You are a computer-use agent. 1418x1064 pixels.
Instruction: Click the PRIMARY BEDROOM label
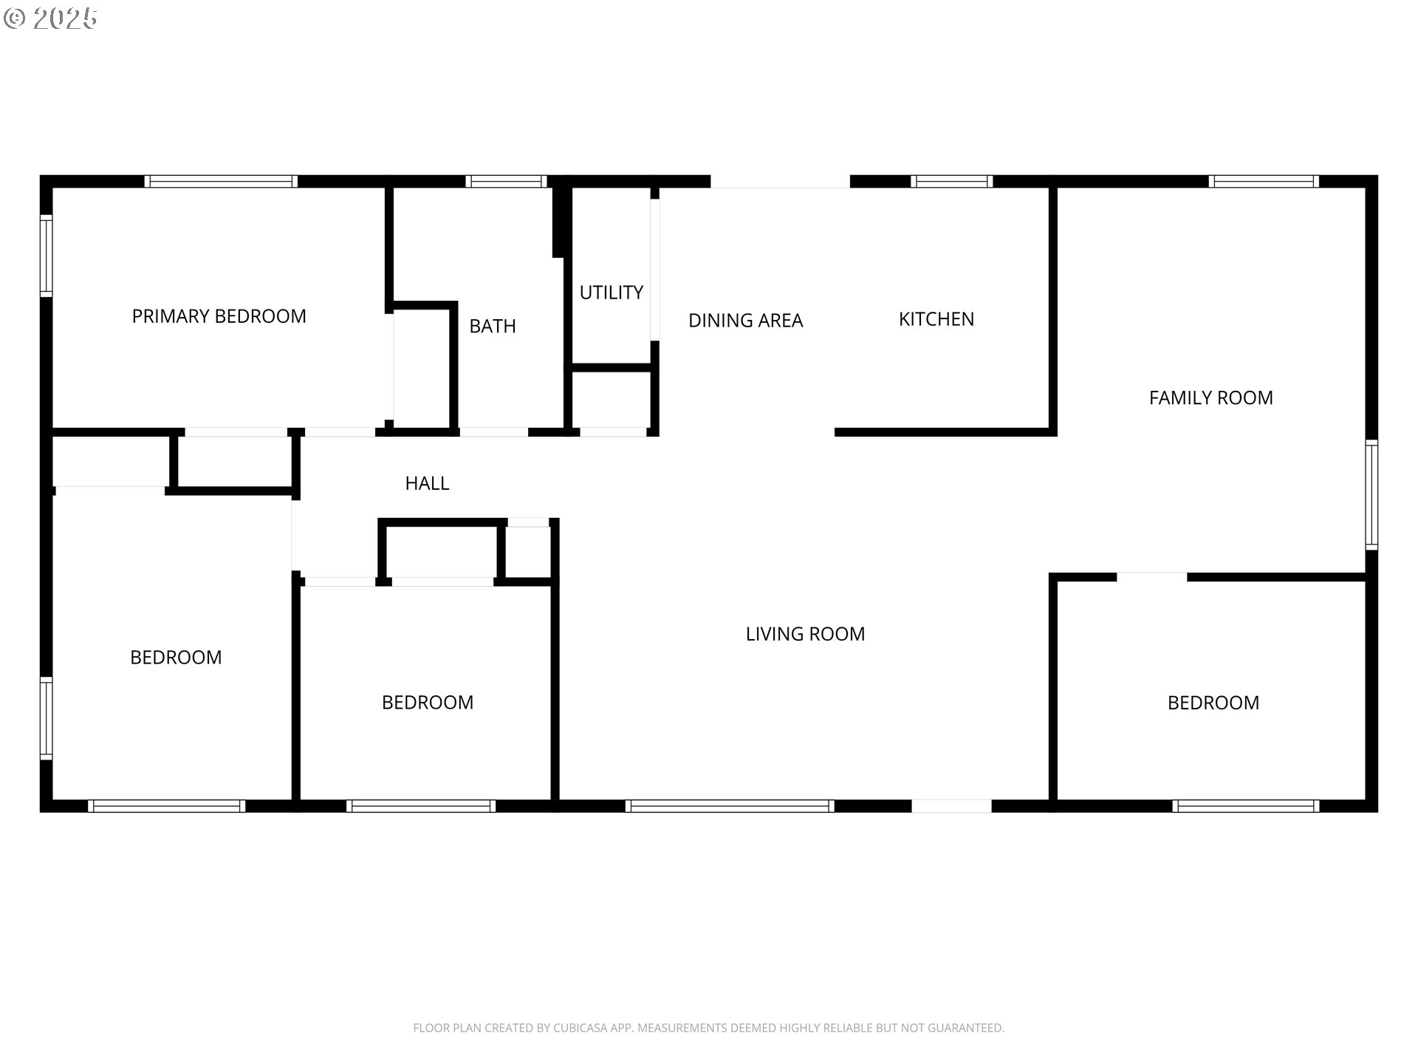(219, 316)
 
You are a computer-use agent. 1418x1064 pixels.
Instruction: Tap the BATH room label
(493, 326)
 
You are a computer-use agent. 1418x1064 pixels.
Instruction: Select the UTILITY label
(611, 293)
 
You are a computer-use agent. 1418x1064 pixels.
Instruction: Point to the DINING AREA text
(745, 321)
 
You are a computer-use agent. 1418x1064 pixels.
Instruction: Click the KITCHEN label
(936, 319)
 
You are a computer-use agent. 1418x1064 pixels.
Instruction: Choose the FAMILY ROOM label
(1210, 398)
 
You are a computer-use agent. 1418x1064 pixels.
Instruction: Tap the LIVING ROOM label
(805, 634)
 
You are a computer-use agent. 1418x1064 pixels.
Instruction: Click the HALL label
(427, 483)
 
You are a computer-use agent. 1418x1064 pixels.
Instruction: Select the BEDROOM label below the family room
(1213, 703)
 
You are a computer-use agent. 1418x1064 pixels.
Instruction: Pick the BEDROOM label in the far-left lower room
(176, 658)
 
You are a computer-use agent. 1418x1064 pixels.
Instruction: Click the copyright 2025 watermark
(50, 18)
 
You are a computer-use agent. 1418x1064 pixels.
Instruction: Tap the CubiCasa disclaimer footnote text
(708, 1028)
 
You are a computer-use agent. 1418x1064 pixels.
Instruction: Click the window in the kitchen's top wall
(951, 182)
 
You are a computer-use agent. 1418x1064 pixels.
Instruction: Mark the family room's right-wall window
(1371, 494)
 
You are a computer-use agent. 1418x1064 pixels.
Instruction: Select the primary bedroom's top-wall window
(221, 182)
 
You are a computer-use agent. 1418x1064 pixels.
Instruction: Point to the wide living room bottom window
(730, 806)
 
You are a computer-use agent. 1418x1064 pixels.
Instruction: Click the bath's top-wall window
(506, 182)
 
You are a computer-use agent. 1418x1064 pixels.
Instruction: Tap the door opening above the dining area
(780, 182)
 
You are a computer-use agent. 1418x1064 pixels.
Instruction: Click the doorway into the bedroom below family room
(1151, 577)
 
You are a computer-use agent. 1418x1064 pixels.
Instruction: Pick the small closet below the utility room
(612, 399)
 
